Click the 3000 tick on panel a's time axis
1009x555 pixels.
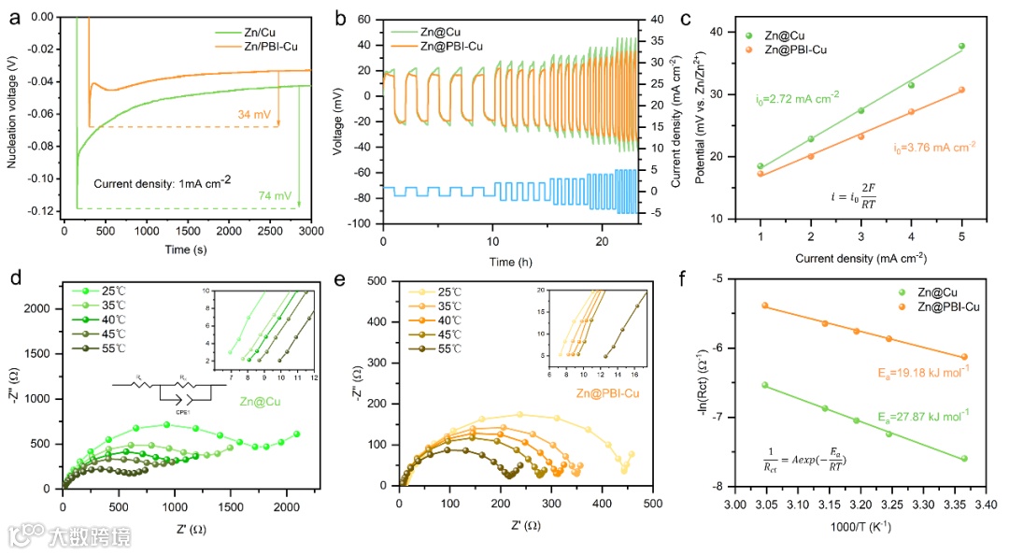coord(310,230)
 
